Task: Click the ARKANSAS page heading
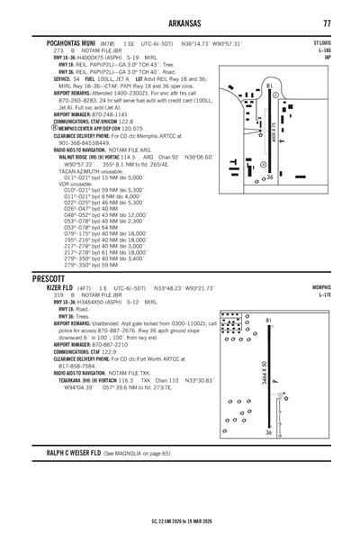tap(180, 21)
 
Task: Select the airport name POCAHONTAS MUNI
tap(65, 42)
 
